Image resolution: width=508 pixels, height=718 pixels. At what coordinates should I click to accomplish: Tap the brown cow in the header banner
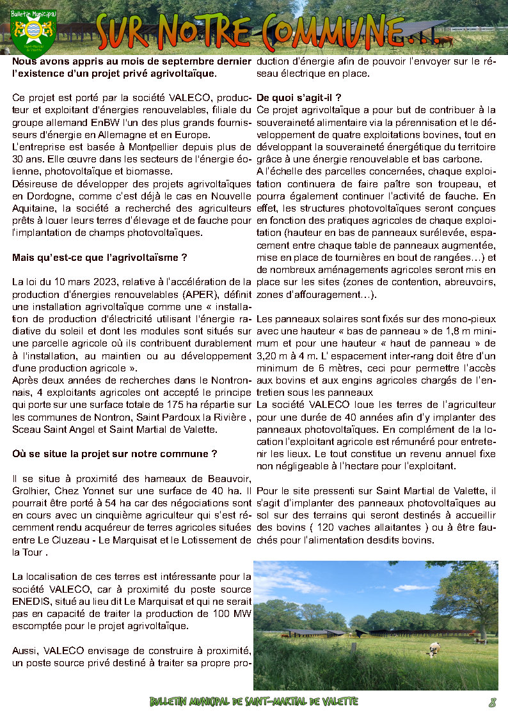444,41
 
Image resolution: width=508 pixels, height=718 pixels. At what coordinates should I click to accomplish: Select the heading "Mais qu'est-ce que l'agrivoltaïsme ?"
99,258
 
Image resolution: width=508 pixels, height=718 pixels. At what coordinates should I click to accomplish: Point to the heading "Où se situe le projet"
115,453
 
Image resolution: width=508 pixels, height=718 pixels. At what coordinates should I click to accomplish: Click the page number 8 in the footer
492,702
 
